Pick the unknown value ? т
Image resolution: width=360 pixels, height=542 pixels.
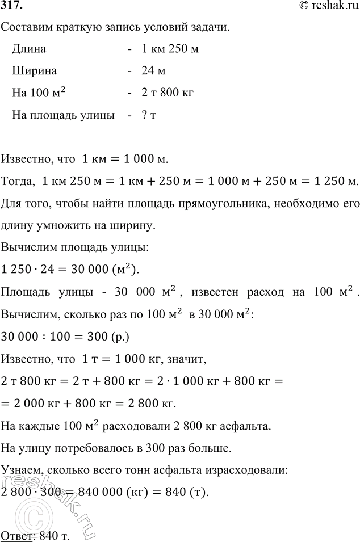(x=149, y=115)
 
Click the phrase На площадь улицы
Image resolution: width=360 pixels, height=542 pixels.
(x=62, y=115)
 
